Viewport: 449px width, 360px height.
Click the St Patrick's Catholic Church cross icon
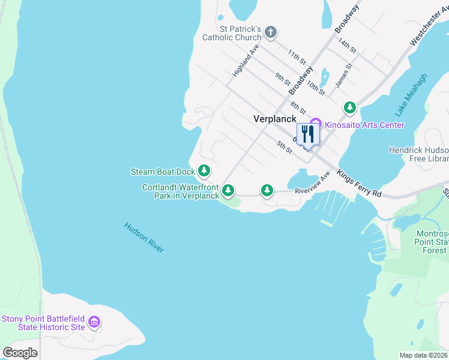click(271, 32)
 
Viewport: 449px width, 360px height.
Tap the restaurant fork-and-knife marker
click(307, 134)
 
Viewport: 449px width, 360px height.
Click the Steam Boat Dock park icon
click(205, 171)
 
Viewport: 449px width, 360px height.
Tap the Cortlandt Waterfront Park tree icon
click(228, 191)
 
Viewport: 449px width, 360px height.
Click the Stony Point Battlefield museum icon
click(94, 323)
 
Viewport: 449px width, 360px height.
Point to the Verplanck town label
click(275, 119)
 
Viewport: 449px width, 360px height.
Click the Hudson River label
click(144, 238)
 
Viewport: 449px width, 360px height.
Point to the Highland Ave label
click(246, 61)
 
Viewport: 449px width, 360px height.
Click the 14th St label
click(347, 45)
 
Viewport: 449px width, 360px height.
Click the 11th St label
click(297, 58)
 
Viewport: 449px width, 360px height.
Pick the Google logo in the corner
click(20, 353)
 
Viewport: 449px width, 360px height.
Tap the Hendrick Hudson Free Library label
click(419, 154)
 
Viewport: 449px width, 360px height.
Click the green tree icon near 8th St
click(350, 108)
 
